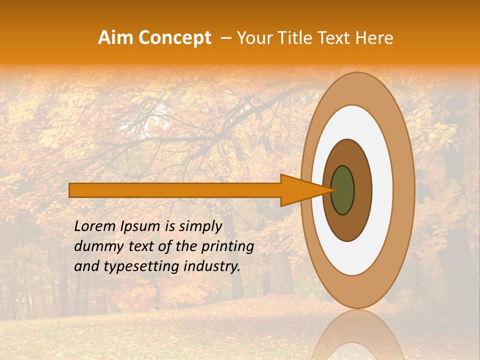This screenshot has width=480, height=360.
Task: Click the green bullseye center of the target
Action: (343, 190)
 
